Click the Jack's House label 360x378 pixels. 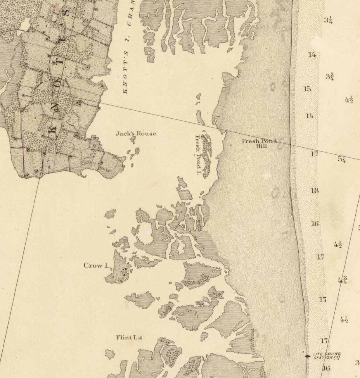click(x=136, y=134)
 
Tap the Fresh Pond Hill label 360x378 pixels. click(x=259, y=143)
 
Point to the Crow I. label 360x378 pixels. click(x=96, y=265)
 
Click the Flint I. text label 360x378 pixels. click(x=126, y=337)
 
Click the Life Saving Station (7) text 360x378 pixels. click(x=327, y=356)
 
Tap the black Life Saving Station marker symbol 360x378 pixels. click(x=307, y=356)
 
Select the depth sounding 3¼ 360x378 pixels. click(x=328, y=20)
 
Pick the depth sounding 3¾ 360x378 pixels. click(x=330, y=77)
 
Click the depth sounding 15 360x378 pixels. click(x=307, y=89)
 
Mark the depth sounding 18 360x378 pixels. click(x=314, y=191)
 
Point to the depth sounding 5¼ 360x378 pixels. click(x=342, y=159)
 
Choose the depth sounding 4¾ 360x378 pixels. click(x=342, y=280)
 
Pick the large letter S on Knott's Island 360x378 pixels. click(x=66, y=13)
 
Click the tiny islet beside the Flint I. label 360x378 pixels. click(x=140, y=338)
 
